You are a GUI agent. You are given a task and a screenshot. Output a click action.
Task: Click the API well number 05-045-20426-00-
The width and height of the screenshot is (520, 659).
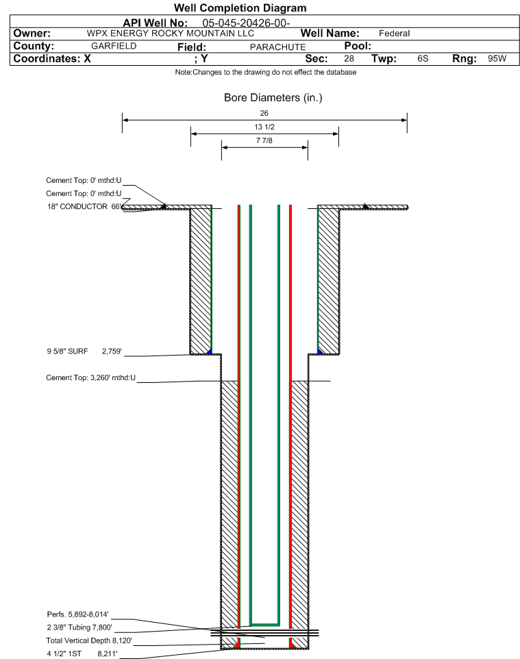246,23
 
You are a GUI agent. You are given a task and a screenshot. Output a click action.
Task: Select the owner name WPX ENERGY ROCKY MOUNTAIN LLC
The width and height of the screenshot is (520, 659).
171,34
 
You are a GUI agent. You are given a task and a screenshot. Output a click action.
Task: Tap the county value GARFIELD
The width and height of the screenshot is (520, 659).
114,46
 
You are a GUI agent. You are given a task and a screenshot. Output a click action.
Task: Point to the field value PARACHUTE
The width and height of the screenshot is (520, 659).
277,47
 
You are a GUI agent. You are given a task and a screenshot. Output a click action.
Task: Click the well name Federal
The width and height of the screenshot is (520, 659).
394,34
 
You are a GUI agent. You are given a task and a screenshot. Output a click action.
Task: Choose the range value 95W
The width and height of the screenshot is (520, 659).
497,58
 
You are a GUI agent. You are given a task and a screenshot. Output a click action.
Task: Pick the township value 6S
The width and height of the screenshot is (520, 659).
423,58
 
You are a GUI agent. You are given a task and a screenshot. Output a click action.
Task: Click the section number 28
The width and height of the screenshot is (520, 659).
349,58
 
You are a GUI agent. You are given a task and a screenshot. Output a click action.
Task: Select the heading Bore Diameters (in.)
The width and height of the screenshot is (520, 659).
273,98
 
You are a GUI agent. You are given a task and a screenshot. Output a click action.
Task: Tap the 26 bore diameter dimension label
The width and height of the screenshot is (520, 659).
264,113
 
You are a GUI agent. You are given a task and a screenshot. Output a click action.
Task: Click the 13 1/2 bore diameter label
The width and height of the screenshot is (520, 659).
264,127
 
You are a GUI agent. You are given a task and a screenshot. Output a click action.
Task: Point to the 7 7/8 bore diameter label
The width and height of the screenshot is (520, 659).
264,140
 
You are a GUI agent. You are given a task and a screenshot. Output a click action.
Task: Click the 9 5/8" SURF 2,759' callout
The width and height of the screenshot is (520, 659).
84,351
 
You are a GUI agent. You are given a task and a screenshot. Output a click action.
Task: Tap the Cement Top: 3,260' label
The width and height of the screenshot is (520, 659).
91,378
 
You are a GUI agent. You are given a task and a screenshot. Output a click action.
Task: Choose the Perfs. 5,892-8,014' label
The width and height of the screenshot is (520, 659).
78,614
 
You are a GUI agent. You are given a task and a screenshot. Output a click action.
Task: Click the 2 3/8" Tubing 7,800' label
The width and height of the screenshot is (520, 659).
79,627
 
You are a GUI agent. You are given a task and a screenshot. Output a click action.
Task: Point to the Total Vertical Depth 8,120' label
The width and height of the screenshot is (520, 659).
89,641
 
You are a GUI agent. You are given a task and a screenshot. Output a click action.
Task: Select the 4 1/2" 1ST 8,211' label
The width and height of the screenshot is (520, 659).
82,654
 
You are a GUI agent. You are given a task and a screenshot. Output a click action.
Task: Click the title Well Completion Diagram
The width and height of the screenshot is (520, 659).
240,8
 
